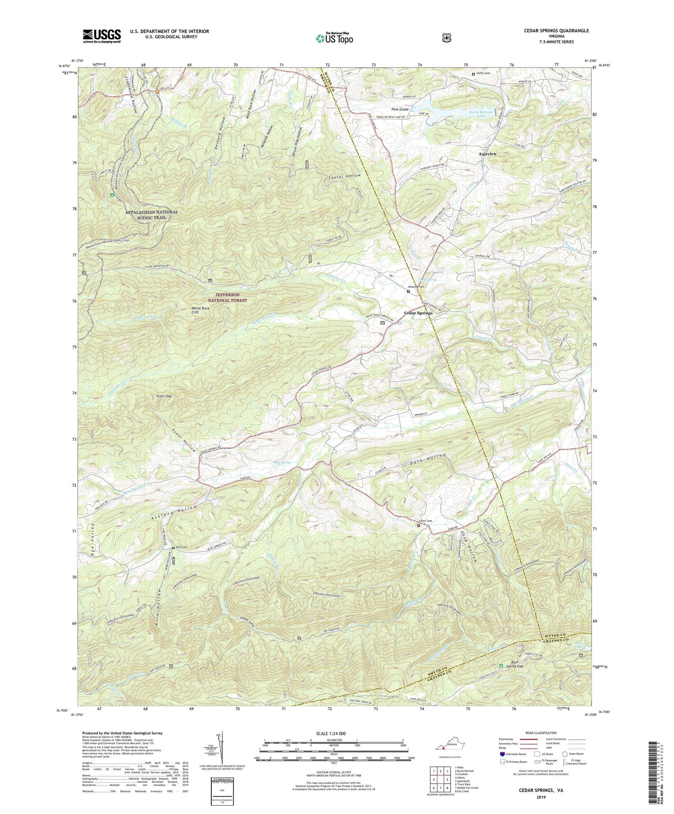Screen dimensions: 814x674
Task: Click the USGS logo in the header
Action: tap(102, 35)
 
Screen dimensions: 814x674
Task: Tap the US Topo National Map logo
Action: tap(334, 38)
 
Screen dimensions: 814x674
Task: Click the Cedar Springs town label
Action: tap(418, 313)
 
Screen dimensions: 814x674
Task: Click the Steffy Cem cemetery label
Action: tap(483, 73)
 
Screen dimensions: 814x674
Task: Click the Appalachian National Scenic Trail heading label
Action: tap(152, 214)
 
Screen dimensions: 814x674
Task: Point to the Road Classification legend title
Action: tap(542, 733)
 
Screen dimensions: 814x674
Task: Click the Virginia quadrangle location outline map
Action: tap(449, 742)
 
